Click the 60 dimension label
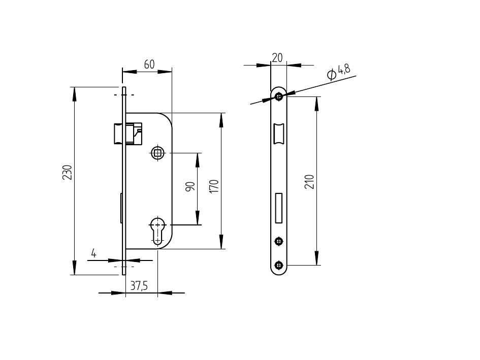pos(149,64)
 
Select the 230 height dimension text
pos(67,172)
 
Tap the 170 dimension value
pos(214,186)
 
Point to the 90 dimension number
pos(190,186)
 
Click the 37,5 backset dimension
pos(139,286)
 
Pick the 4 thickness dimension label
pos(93,253)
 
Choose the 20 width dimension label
pos(277,57)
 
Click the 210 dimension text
pos(309,182)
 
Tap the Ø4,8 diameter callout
pos(339,72)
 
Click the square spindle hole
pos(157,152)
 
